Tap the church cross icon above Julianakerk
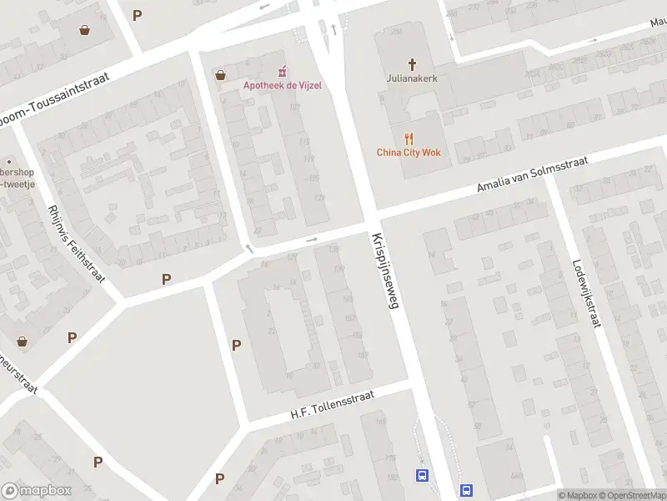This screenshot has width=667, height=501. (x=411, y=64)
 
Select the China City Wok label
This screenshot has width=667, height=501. (x=408, y=152)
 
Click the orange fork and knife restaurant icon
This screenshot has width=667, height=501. (x=408, y=138)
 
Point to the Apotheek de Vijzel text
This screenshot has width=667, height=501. (x=282, y=85)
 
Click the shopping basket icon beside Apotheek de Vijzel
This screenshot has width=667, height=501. (x=220, y=75)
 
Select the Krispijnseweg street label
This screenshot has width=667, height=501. (x=384, y=271)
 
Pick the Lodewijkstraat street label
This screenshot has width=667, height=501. (x=585, y=291)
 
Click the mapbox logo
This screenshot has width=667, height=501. (x=37, y=490)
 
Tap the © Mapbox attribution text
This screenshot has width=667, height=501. (x=577, y=495)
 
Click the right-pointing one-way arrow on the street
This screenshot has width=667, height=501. (x=313, y=240)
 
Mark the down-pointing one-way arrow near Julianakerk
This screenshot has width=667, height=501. (x=451, y=36)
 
